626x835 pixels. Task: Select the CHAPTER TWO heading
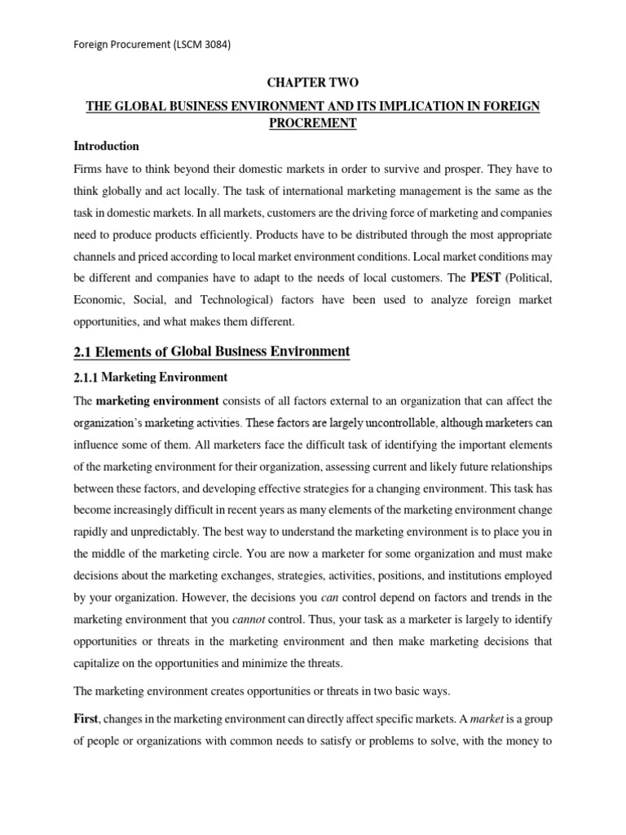[x=313, y=83]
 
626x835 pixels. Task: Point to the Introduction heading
[x=107, y=146]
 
